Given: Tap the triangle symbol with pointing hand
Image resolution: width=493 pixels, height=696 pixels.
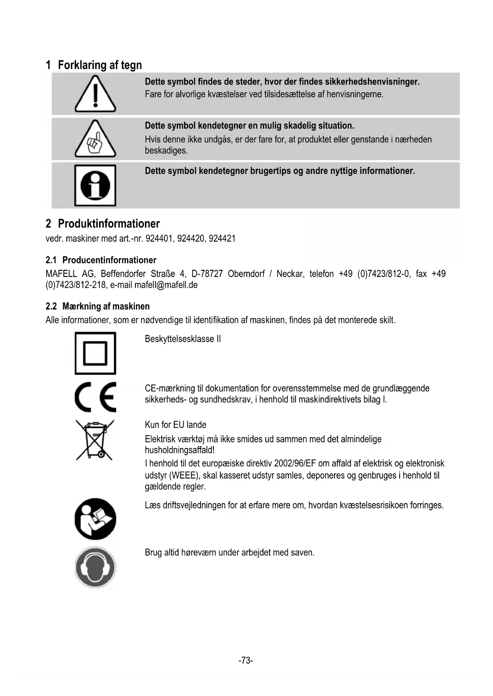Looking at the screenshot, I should pos(95,139).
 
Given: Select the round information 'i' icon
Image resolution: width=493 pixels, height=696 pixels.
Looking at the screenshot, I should pos(95,185).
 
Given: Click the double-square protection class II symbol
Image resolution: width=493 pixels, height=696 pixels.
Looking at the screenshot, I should pos(95,353).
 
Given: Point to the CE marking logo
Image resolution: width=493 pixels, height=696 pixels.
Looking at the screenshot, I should pos(95,397).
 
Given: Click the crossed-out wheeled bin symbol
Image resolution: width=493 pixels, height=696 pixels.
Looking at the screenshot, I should pos(95,440).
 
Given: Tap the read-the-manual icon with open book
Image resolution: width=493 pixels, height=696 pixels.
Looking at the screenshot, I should pos(95,519).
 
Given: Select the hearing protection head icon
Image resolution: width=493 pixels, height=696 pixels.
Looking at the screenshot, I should pos(95,567).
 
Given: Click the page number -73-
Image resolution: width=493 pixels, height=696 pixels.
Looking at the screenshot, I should pos(246,660).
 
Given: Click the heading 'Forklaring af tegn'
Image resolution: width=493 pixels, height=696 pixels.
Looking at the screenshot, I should pos(100,65).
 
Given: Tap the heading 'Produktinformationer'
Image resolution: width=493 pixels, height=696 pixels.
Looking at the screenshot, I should pos(109,224).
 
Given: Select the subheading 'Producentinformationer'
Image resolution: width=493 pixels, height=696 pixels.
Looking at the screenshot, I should pos(109,260).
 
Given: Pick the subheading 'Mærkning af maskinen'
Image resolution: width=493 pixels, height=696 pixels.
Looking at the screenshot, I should pos(106,306).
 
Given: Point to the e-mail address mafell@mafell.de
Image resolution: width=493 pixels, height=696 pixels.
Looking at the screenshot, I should pos(166,285).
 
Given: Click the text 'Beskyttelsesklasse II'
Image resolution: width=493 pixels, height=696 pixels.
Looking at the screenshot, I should pos(183,339).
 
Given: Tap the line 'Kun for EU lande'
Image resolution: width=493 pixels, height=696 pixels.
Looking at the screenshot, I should pos(176,425).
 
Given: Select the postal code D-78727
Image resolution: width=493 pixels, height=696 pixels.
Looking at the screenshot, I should pos(207,274).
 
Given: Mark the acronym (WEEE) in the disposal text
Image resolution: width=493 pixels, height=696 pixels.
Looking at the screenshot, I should pos(185,475).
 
